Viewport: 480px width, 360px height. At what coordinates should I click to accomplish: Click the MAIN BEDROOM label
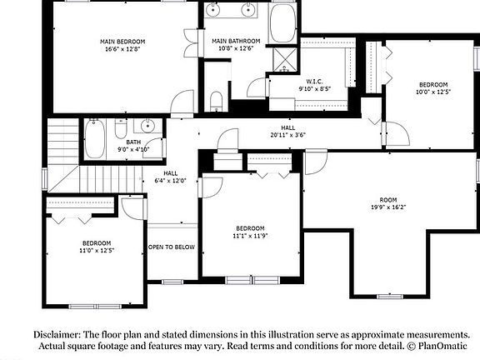(x=123, y=41)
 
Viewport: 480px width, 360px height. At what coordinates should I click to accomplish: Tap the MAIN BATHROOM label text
(x=236, y=41)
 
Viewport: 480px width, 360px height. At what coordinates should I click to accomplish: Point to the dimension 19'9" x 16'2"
(x=388, y=207)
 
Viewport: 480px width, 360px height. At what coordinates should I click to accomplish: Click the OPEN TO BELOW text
(x=172, y=247)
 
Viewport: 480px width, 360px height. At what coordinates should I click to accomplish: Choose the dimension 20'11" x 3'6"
(x=287, y=135)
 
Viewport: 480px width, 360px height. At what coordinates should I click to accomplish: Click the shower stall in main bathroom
(x=286, y=58)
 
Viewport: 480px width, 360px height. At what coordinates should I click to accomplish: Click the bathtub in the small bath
(x=94, y=138)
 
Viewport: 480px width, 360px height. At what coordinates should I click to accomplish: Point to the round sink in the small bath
(x=147, y=127)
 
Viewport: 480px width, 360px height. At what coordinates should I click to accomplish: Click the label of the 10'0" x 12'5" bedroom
(x=433, y=85)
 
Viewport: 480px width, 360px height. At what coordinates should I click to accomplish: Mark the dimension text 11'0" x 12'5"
(x=96, y=251)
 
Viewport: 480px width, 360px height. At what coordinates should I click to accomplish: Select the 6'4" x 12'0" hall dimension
(x=171, y=181)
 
